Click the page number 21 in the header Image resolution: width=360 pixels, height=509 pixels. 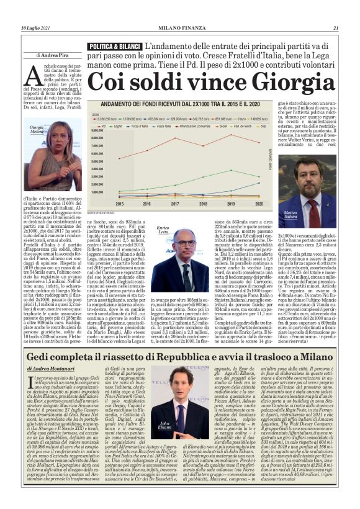[x=335, y=11]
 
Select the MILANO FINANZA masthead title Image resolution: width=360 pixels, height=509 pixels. [x=180, y=11]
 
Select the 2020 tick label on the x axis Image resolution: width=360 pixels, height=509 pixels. [x=259, y=203]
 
